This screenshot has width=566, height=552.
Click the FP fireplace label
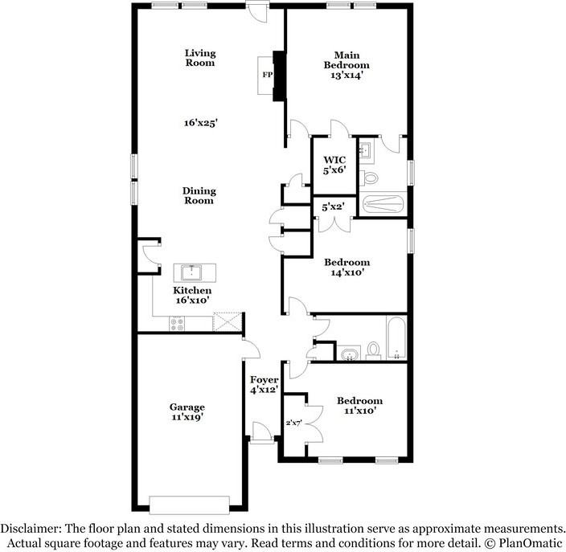click(267, 76)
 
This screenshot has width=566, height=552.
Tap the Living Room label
click(200, 58)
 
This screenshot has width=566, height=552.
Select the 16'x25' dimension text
click(200, 123)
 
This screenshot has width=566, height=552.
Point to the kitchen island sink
click(193, 271)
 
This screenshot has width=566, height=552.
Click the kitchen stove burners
click(178, 323)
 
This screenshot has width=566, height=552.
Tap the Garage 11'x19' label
click(187, 412)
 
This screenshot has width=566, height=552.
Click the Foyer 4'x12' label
click(264, 384)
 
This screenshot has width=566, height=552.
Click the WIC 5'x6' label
click(334, 164)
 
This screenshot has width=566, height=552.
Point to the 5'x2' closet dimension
click(333, 206)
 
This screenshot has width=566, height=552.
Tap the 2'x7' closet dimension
click(293, 423)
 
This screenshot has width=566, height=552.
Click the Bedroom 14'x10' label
click(347, 268)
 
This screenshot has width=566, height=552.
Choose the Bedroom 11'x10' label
click(359, 406)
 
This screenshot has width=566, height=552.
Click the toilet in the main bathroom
click(368, 176)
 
